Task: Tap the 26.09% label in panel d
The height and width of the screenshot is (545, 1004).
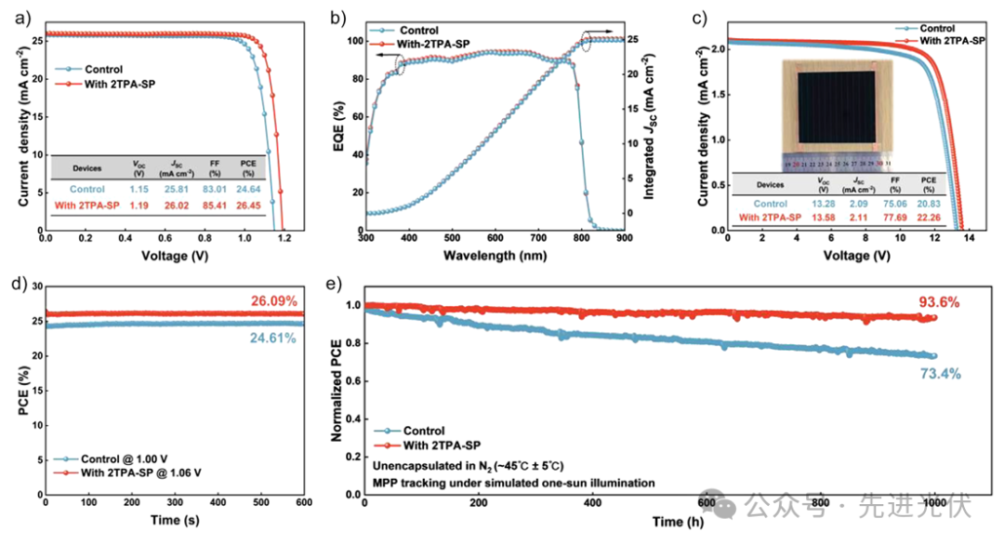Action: [x=273, y=300]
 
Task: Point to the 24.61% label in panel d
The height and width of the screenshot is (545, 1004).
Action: [x=273, y=338]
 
